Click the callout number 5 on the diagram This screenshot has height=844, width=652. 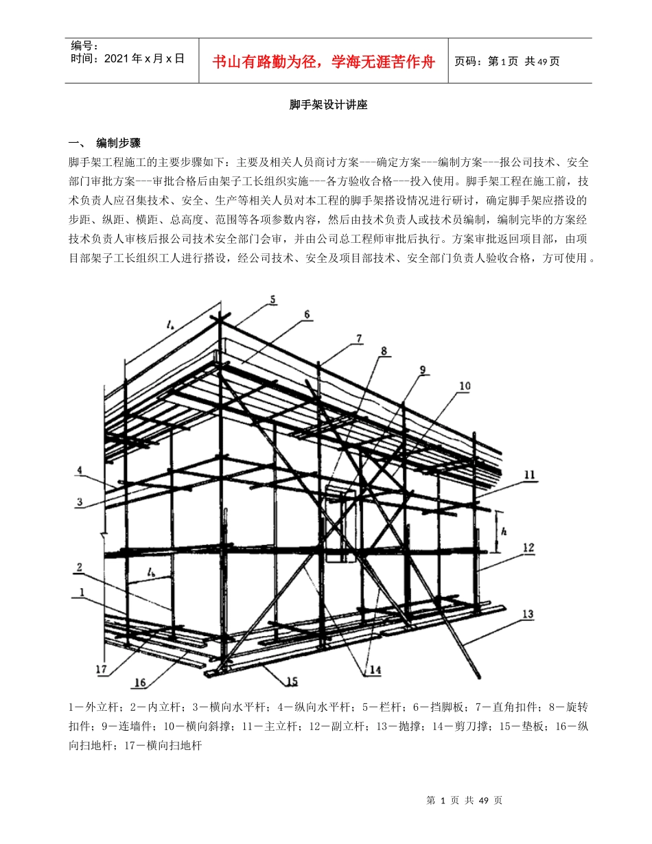click(272, 300)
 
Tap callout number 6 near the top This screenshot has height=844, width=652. click(307, 315)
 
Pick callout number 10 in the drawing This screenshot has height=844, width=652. click(465, 386)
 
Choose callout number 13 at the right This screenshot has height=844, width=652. click(528, 614)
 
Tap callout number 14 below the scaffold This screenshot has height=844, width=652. click(375, 670)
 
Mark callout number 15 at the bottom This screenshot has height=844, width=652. click(292, 681)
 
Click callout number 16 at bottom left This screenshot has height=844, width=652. click(140, 683)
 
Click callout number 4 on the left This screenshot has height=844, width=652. click(80, 471)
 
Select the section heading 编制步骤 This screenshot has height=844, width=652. click(118, 143)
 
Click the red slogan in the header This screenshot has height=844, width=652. click(324, 62)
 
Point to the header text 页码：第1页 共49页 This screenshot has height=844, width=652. click(507, 61)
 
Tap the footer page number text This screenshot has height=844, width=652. click(465, 800)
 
